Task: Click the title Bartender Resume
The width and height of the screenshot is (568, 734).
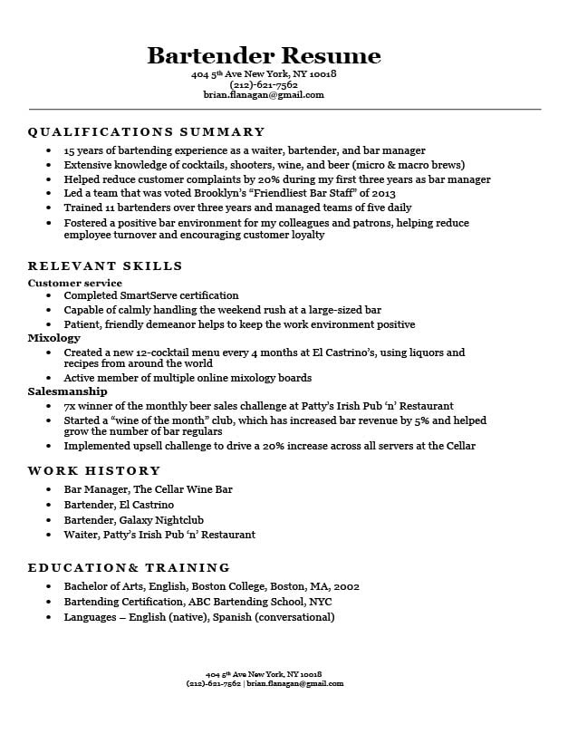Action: tap(264, 55)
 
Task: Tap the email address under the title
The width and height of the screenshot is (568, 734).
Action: tap(264, 94)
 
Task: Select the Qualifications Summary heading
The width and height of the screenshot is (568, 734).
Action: tap(146, 132)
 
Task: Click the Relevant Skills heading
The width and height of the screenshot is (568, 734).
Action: tap(105, 266)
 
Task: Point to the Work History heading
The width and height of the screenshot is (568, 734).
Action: tap(94, 471)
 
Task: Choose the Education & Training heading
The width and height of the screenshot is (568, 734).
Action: tap(129, 568)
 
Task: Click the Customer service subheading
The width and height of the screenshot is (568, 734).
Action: tap(75, 284)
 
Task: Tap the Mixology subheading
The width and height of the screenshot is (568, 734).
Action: tap(54, 338)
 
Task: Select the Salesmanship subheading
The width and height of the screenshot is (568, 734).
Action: tap(68, 391)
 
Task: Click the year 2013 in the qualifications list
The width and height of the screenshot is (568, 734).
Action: tap(383, 193)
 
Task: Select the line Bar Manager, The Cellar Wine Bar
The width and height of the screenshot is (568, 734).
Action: tap(148, 489)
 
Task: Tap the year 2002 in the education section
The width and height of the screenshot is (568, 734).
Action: tap(346, 586)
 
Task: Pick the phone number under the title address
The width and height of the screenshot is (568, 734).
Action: tap(264, 84)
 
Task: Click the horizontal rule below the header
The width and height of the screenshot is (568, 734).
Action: tap(284, 110)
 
